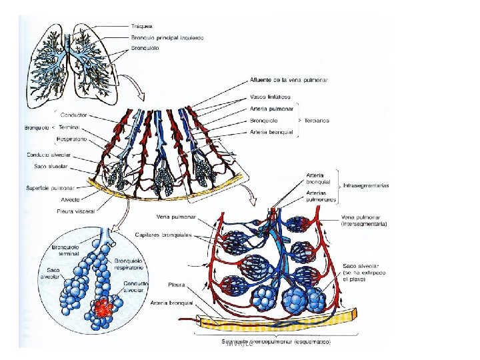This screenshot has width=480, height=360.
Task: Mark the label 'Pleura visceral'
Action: tap(77, 211)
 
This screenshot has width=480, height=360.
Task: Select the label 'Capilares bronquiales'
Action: tap(164, 235)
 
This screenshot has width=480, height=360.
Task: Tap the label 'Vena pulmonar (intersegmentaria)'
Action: tap(364, 221)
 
